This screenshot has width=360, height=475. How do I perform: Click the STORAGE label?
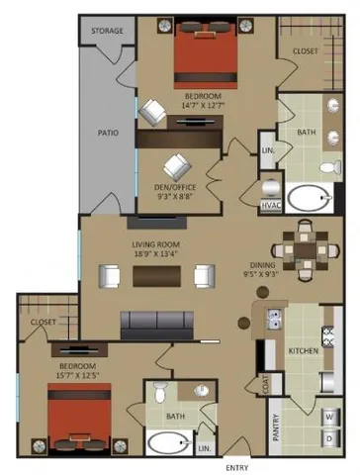click(108, 31)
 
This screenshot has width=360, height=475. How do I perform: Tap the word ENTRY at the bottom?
click(237, 467)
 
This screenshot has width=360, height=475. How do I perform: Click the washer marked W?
click(328, 416)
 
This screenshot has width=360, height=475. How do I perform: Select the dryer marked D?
click(328, 435)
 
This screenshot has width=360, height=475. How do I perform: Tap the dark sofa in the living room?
click(157, 322)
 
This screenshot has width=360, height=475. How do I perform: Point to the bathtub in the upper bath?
click(311, 199)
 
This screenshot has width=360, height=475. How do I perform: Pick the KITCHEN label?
click(302, 350)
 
